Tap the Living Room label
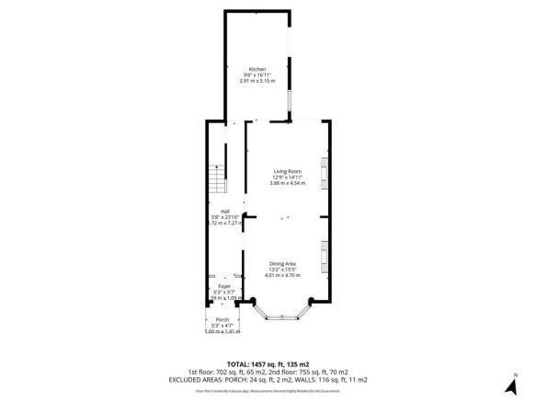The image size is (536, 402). [x=287, y=171]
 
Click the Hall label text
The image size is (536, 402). [x=211, y=211]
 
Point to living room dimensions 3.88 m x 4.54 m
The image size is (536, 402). [x=287, y=183]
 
